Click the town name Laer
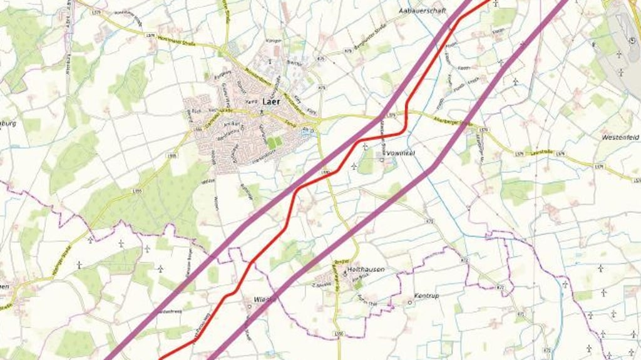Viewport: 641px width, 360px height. [x=271, y=101]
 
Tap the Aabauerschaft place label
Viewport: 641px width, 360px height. [x=421, y=11]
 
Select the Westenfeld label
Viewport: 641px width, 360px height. [x=620, y=136]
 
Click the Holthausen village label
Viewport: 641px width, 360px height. [x=365, y=270]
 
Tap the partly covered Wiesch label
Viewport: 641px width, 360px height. [x=264, y=299]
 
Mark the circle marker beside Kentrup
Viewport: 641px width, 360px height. [x=410, y=301]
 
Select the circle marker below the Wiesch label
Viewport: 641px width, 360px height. [x=249, y=307]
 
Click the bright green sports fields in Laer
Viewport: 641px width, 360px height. [x=274, y=142]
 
